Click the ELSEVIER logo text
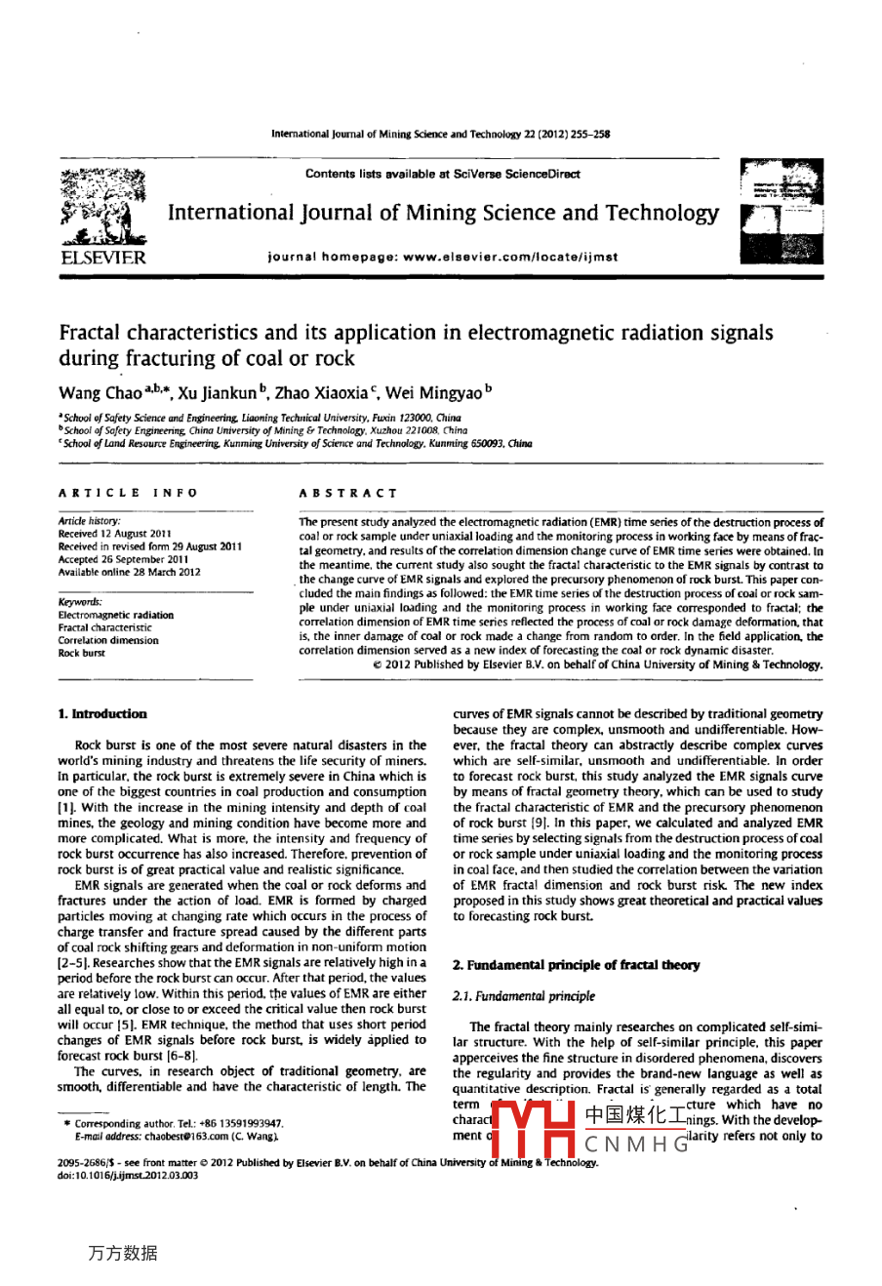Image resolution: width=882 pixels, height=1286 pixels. coord(102,258)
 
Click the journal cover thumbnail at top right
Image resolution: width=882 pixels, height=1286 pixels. coord(781,214)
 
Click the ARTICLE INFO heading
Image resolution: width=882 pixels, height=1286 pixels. coord(128,493)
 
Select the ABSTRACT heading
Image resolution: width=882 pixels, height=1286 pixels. coord(348,493)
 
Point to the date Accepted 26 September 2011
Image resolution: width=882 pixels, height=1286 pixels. coord(130,560)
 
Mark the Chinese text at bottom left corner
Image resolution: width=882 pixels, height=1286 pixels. coord(122,1253)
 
